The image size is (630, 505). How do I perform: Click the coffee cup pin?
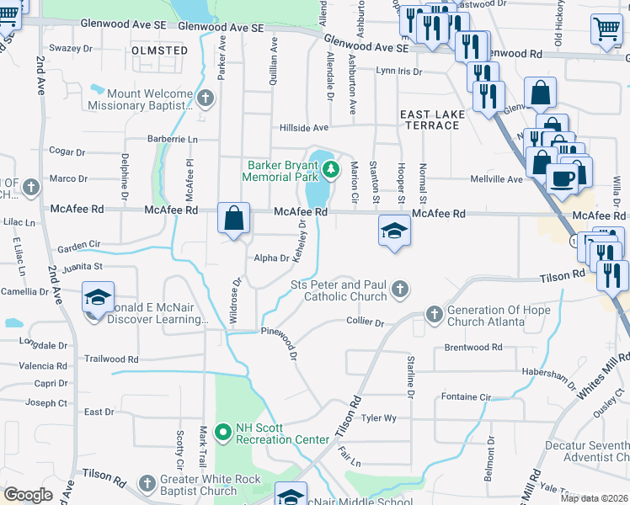[562, 177]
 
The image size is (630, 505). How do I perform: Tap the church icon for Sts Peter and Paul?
[401, 290]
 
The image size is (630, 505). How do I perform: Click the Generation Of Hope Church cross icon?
[434, 315]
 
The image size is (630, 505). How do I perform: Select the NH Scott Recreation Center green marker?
[223, 433]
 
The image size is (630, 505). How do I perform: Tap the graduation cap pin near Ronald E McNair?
[98, 299]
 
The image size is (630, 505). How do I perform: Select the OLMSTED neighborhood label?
[160, 50]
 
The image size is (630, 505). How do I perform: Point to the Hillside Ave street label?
[304, 128]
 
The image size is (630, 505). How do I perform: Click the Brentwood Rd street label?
[472, 347]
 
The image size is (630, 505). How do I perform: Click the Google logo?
[28, 495]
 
